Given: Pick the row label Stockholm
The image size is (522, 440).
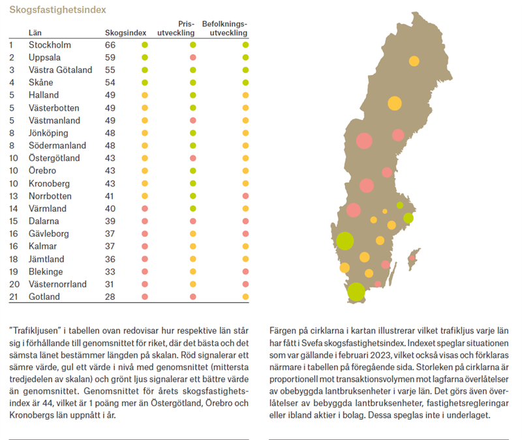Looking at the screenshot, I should pyautogui.click(x=50, y=45).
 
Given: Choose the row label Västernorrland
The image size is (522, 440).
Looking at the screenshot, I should pyautogui.click(x=57, y=284).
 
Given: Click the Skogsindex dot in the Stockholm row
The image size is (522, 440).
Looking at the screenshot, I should pyautogui.click(x=145, y=45).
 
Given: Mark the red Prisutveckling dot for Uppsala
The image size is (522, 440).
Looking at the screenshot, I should pyautogui.click(x=193, y=57).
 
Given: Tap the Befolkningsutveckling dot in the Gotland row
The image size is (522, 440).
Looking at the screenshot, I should pyautogui.click(x=245, y=297).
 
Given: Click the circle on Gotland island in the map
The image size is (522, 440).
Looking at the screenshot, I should pyautogui.click(x=412, y=259).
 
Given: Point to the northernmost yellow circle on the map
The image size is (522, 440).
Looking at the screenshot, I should pyautogui.click(x=414, y=61).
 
